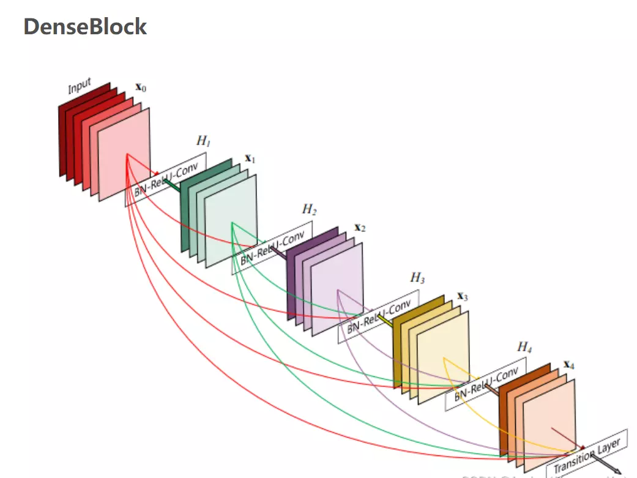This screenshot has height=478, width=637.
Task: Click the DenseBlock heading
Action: (x=85, y=27)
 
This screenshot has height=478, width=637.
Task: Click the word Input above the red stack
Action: (x=80, y=86)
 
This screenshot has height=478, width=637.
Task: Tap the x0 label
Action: (x=140, y=89)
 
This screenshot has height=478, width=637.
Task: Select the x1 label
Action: (x=250, y=159)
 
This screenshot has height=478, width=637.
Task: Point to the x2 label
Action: (x=360, y=228)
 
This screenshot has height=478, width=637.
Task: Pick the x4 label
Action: (x=568, y=365)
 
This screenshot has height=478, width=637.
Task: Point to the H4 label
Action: (x=524, y=347)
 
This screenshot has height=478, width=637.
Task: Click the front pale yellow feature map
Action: (x=443, y=358)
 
